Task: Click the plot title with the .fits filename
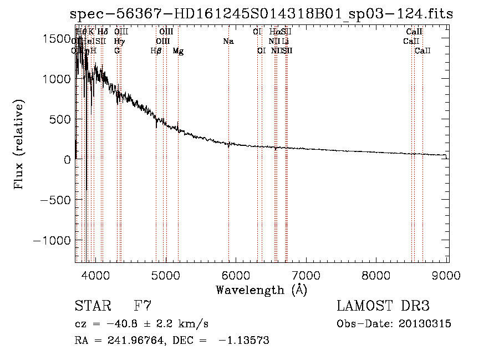[262, 14]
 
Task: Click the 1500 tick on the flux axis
[58, 38]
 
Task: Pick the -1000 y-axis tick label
[52, 240]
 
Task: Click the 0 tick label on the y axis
[67, 160]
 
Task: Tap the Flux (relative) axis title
[19, 145]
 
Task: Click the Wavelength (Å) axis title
[262, 290]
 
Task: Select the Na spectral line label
[228, 42]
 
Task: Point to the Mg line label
[178, 51]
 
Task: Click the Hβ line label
[156, 51]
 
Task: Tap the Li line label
[285, 42]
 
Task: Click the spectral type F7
[143, 306]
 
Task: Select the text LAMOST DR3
[383, 306]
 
